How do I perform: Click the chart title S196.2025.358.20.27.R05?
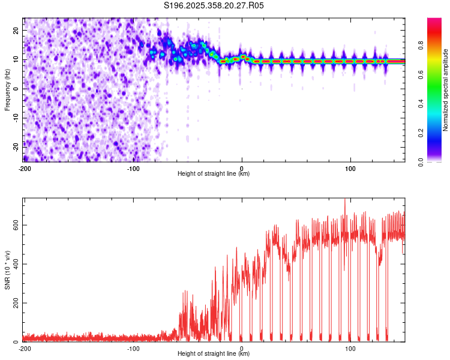pos(214,5)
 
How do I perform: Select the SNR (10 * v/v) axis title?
pos(8,270)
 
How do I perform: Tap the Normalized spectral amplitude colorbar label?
pos(446,90)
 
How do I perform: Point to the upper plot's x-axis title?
pos(214,173)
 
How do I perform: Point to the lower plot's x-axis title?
pos(214,353)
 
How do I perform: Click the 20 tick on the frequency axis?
pos(16,30)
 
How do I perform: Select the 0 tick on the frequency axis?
pos(18,89)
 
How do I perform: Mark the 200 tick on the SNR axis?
pos(14,303)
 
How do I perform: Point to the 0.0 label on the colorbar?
pos(421,161)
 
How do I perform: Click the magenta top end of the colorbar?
pos(434,21)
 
